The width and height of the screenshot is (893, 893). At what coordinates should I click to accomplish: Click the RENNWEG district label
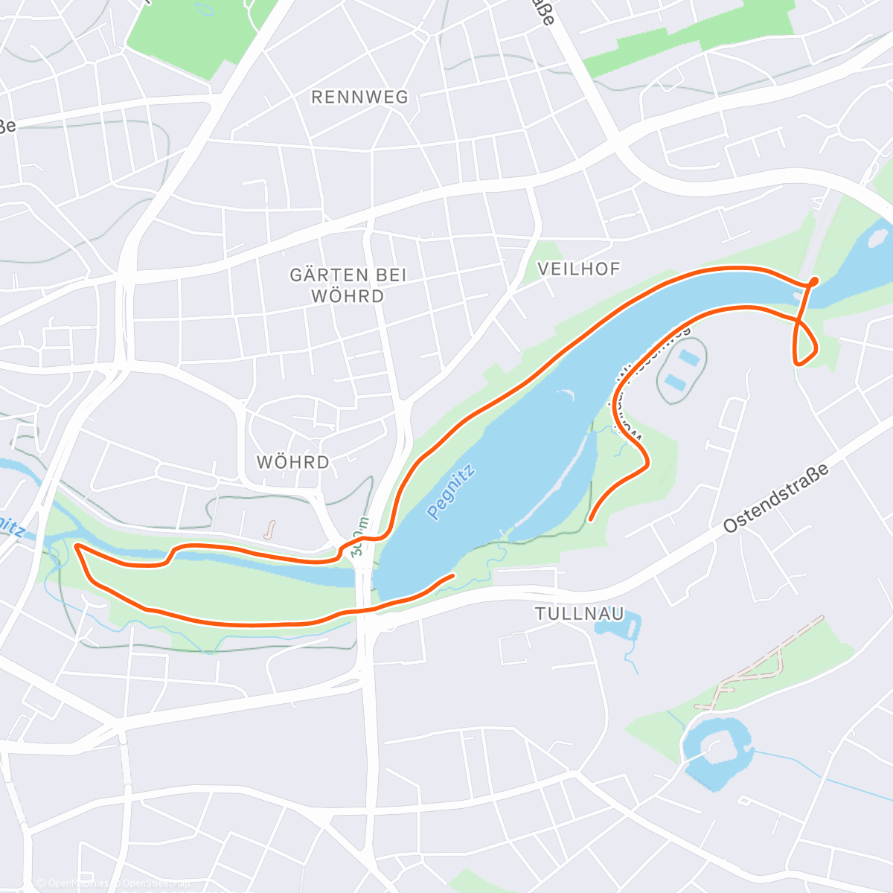359,97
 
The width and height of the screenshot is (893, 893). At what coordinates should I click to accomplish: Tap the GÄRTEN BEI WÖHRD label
348,285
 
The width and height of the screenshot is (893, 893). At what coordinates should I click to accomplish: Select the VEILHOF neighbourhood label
578,269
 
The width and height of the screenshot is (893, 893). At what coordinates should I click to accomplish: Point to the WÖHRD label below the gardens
292,462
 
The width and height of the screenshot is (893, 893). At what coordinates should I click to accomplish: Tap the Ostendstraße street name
775,499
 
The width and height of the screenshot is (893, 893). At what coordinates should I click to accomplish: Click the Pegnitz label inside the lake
451,490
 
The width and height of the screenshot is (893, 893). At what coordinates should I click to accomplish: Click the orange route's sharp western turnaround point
77,547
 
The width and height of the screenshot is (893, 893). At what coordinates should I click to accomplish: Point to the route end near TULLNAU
452,575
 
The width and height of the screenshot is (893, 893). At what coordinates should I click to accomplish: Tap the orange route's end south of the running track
590,519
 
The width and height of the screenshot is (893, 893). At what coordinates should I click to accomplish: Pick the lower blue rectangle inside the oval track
674,383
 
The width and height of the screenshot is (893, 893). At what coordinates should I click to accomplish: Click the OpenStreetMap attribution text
112,883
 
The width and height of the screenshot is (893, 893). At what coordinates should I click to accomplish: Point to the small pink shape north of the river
269,529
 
